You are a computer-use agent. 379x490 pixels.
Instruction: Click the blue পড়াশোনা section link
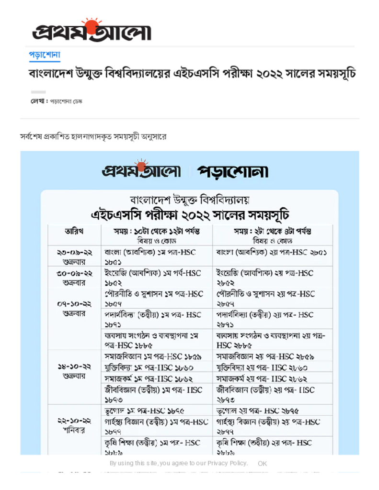point(44,55)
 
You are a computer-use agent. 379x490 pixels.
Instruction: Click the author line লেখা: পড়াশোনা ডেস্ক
point(57,101)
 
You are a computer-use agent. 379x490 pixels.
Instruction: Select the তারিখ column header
point(74,231)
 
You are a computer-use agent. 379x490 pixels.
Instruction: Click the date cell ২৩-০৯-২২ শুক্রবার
point(74,256)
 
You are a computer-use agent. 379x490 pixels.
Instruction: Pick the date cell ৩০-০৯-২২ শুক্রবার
point(74,277)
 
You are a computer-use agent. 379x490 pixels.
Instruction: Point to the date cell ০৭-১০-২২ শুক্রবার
point(74,309)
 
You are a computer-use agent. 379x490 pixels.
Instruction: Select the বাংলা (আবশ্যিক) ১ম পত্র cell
point(156,256)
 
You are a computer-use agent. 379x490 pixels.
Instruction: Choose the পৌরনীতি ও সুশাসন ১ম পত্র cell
point(156,298)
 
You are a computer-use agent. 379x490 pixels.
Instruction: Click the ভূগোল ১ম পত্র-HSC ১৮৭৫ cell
point(156,411)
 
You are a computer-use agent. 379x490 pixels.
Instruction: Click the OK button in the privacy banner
point(262,463)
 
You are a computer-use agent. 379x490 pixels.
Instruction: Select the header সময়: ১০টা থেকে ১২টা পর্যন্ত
point(156,231)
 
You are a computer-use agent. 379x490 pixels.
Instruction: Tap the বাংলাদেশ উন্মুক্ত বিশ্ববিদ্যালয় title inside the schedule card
point(189,200)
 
